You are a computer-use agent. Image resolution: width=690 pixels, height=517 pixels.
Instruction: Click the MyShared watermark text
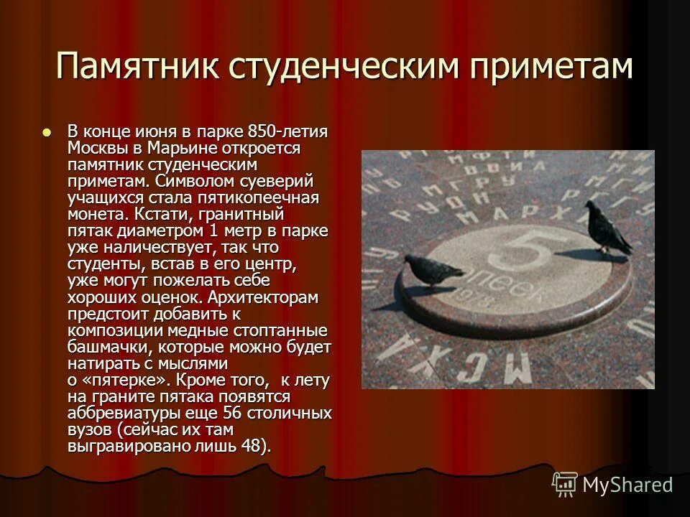pos(627,485)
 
